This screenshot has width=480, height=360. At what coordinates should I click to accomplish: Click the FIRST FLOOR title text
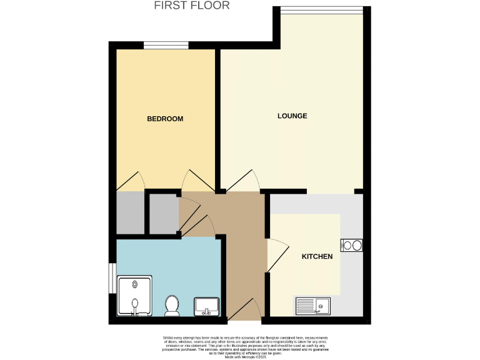pyautogui.click(x=192, y=6)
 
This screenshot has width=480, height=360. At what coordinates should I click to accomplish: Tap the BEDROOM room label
pyautogui.click(x=165, y=119)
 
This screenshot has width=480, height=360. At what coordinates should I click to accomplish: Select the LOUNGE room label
pyautogui.click(x=292, y=116)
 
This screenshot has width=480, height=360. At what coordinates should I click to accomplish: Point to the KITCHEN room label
pyautogui.click(x=317, y=256)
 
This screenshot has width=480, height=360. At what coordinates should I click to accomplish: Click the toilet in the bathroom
pyautogui.click(x=172, y=306)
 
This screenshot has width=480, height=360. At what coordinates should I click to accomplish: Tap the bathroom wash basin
pyautogui.click(x=206, y=307)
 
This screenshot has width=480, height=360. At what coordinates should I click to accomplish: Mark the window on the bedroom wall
pyautogui.click(x=166, y=44)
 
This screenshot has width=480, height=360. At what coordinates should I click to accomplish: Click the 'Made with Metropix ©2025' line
pyautogui.click(x=240, y=357)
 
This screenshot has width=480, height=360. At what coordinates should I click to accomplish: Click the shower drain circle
pyautogui.click(x=135, y=283)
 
